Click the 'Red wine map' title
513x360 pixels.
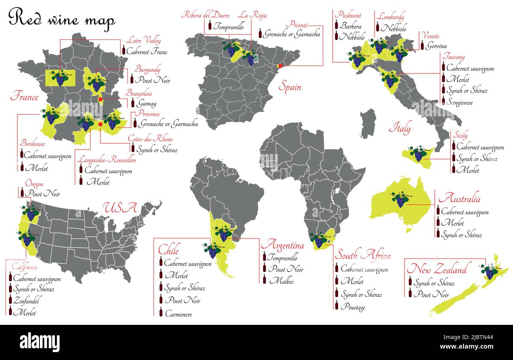coord(62,19)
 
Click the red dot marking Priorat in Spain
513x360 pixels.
coord(280,66)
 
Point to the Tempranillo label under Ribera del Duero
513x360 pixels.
coord(228,27)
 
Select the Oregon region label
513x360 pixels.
coord(34,184)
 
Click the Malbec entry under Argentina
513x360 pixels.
coord(281,281)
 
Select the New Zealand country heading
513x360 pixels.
coord(436,270)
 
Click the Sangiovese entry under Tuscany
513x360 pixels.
coord(459,102)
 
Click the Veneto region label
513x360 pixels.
coord(430,36)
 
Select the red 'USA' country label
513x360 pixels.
coord(120,208)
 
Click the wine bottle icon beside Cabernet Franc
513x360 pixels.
coord(124,50)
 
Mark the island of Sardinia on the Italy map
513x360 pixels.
coord(368,124)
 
